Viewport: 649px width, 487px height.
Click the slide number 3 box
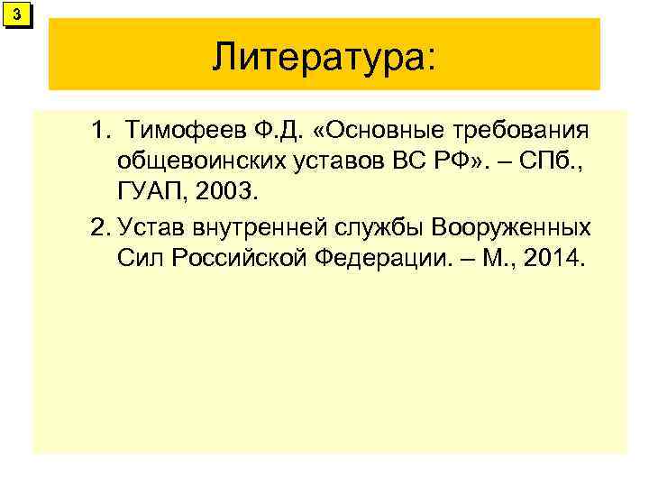pos(17,15)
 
